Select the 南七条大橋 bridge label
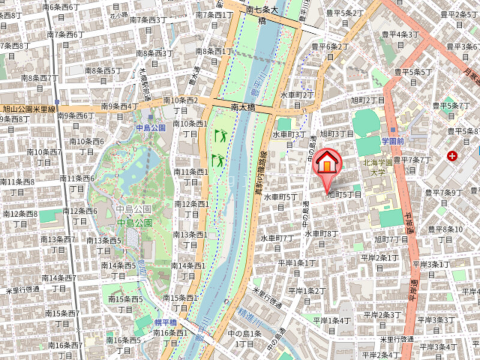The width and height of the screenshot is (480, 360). click(262, 14)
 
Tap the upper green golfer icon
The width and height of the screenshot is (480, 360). click(220, 135)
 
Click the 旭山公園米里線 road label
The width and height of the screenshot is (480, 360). click(29, 109)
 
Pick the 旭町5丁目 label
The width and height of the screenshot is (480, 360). click(344, 194)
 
